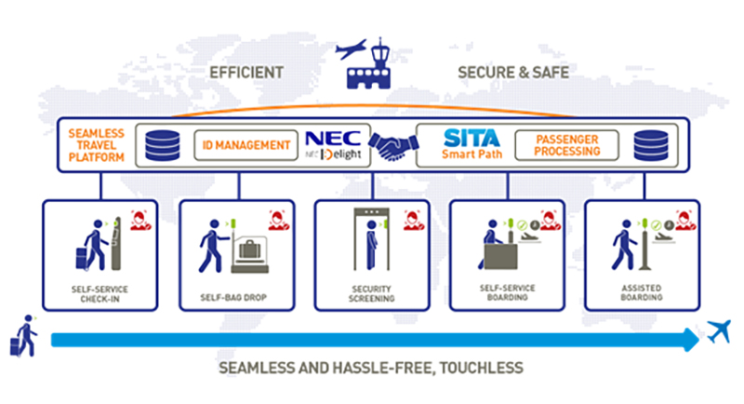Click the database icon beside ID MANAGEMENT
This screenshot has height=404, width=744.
point(162,145)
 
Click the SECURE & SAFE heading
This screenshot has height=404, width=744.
point(512,72)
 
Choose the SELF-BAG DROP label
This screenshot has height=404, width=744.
point(236,298)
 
